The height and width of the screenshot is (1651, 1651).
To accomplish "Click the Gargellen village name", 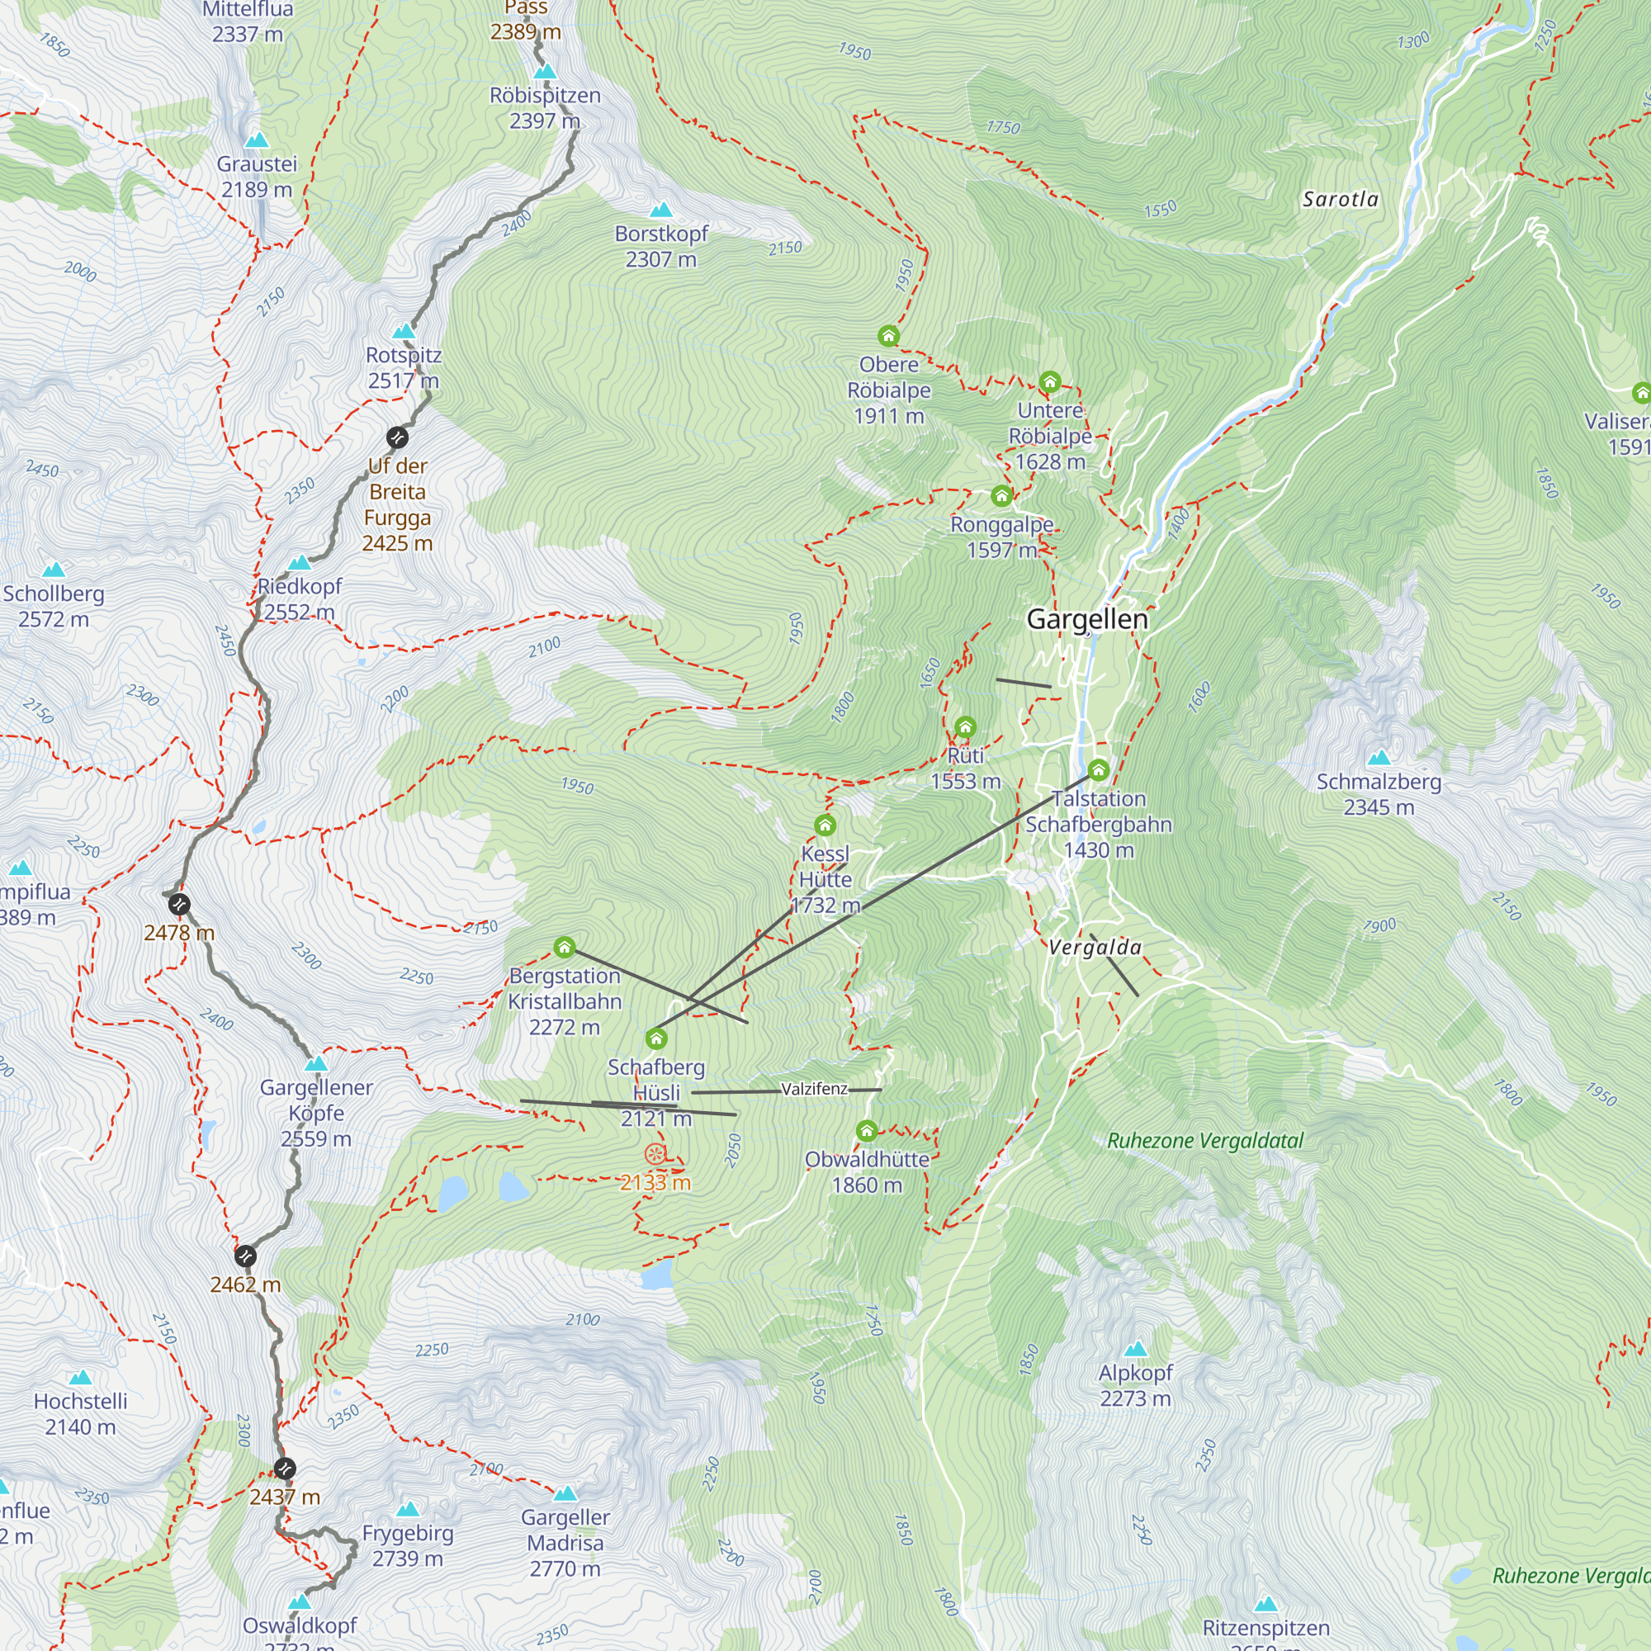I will [x=1087, y=620].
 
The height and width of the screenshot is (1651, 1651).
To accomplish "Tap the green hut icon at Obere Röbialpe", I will [x=889, y=336].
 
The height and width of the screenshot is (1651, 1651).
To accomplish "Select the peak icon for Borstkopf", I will [x=660, y=211].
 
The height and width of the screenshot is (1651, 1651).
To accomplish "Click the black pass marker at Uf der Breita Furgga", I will [x=397, y=438].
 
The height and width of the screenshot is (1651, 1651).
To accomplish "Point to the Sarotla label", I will [x=1340, y=199].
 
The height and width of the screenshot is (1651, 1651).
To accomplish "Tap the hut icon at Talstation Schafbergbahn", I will [x=1098, y=770].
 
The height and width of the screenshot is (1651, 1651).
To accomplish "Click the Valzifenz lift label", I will [x=815, y=1089].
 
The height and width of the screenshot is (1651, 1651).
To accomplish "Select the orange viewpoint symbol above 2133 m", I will [x=655, y=1156].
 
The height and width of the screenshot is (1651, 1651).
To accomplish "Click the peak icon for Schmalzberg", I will [x=1379, y=757].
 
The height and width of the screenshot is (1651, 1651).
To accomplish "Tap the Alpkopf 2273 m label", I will [x=1135, y=1385].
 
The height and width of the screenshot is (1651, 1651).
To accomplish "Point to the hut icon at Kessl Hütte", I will [x=825, y=825].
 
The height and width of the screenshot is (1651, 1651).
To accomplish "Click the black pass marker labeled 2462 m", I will [x=245, y=1256].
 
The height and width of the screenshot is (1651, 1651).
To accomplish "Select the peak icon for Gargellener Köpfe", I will [x=316, y=1064].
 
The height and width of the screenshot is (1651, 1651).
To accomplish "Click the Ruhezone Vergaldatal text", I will [x=1205, y=1141].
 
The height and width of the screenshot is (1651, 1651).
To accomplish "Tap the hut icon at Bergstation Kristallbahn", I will [x=564, y=947].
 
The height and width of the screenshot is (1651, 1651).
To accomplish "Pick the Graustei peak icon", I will [x=257, y=140].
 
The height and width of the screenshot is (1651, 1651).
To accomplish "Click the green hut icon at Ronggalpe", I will [x=1001, y=495].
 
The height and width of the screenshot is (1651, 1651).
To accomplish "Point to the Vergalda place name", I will [x=1095, y=947].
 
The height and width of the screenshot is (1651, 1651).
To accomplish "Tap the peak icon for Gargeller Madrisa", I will [x=565, y=1494].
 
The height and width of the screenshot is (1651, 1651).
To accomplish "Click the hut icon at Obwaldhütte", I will [x=867, y=1132].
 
